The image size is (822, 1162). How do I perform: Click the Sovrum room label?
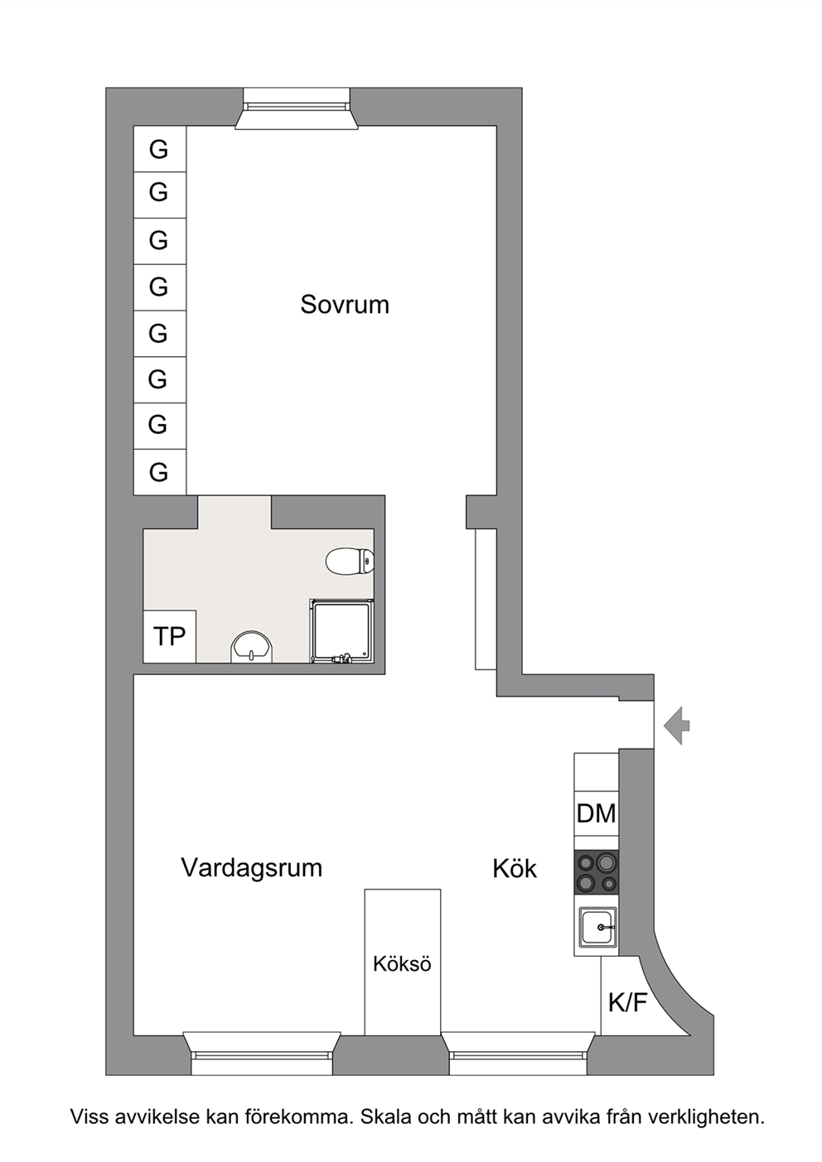coord(345,305)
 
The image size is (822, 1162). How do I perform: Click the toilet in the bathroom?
coord(350,561)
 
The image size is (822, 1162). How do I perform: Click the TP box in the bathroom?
coord(170,637)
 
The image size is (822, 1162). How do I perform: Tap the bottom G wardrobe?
coord(160,472)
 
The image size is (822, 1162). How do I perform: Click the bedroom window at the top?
coord(297,108)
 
